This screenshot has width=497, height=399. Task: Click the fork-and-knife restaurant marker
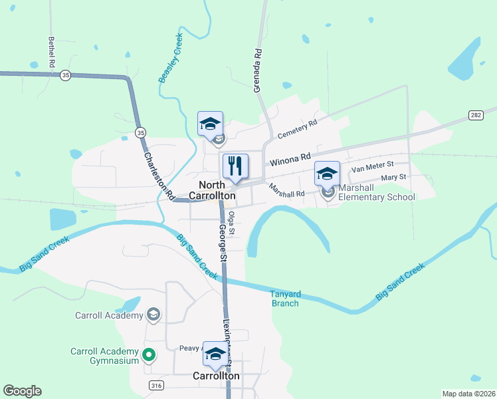click(235, 166)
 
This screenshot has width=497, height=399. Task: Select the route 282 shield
click(475, 115)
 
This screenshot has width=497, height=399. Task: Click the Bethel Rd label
click(51, 51)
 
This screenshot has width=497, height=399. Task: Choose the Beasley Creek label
click(170, 59)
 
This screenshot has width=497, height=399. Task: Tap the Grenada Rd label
click(258, 70)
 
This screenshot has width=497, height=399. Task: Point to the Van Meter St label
click(373, 166)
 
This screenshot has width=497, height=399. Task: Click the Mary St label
click(393, 178)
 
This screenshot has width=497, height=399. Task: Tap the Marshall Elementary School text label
click(376, 192)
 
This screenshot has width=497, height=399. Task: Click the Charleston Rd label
click(158, 175)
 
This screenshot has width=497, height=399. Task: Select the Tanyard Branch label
click(286, 299)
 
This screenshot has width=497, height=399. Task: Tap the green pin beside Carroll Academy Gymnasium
click(149, 356)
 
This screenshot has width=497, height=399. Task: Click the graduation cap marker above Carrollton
click(215, 355)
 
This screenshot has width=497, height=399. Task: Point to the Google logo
click(22, 391)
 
